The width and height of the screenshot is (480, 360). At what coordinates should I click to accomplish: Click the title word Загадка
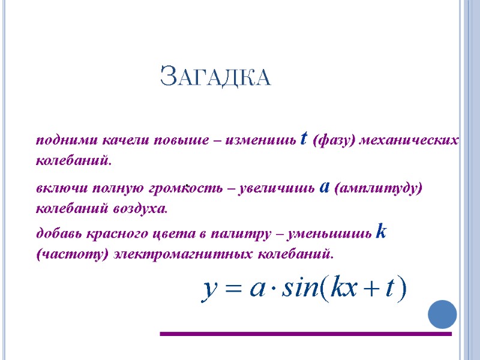click(215, 77)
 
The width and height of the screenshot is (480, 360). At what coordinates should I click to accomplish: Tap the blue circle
click(443, 313)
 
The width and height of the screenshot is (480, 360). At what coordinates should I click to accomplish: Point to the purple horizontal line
click(305, 334)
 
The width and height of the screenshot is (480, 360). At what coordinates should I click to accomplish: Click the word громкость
click(188, 188)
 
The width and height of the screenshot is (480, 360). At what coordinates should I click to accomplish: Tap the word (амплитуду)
click(377, 188)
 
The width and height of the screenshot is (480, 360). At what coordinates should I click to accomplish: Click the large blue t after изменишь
click(304, 139)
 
